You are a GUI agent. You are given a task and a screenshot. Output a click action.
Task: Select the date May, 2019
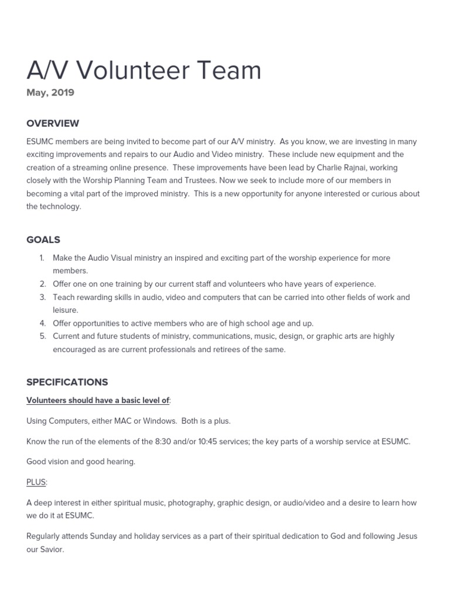pyautogui.click(x=50, y=93)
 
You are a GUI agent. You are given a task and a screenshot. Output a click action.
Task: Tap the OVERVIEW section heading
pyautogui.click(x=53, y=124)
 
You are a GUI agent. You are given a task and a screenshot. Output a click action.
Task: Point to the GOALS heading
pyautogui.click(x=43, y=240)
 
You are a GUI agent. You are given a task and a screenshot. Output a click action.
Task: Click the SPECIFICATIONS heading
pyautogui.click(x=67, y=382)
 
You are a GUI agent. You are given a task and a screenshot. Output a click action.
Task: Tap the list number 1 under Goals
pyautogui.click(x=42, y=258)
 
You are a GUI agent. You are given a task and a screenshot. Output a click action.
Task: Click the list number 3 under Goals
pyautogui.click(x=42, y=297)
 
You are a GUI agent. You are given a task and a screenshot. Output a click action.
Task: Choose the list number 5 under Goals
pyautogui.click(x=42, y=336)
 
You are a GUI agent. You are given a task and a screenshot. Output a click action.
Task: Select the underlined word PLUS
pyautogui.click(x=36, y=482)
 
